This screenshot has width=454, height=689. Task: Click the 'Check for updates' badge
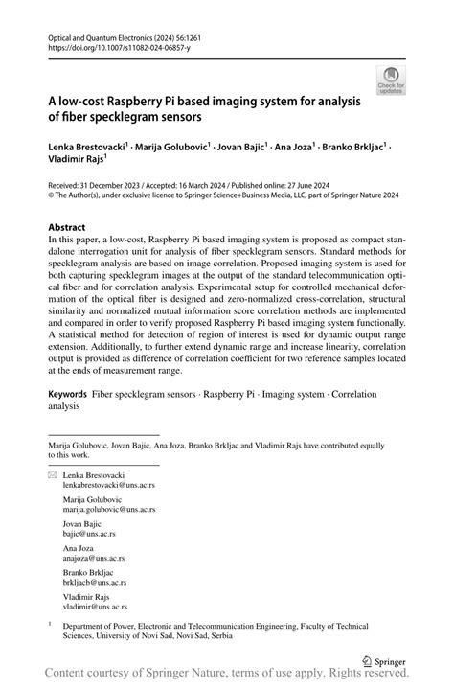coord(390,80)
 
